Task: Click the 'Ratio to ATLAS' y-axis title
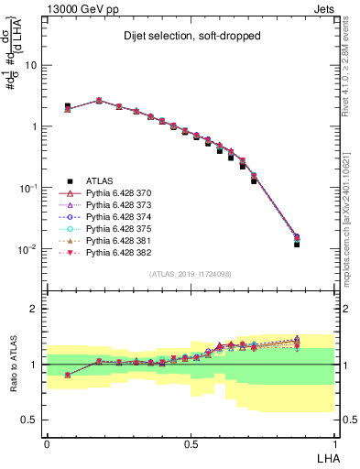[x=13, y=364]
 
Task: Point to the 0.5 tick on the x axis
[x=191, y=441]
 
